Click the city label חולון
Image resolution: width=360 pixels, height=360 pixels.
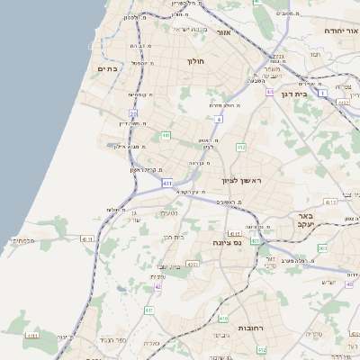tap(196, 62)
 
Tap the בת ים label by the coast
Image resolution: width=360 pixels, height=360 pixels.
tap(108, 67)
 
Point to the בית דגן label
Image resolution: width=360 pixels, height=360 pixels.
tap(315, 94)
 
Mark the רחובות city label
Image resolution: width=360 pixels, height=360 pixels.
tap(238, 330)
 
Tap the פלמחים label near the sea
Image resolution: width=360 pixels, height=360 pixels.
tap(22, 241)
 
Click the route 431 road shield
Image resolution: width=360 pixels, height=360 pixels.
tap(167, 183)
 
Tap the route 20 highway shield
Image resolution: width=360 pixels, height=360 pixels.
tap(133, 113)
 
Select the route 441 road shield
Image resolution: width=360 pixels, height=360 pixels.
tap(166, 136)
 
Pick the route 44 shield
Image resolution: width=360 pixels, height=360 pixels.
tap(269, 92)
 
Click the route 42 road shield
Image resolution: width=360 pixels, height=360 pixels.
tap(157, 286)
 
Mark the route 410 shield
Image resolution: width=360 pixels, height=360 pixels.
tap(223, 319)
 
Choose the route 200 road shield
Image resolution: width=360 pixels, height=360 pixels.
tap(321, 247)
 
